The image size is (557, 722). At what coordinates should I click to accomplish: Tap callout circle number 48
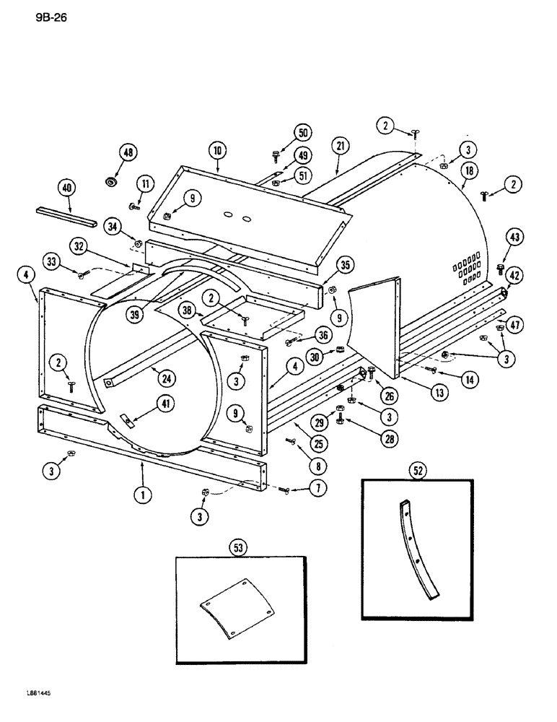pos(129,153)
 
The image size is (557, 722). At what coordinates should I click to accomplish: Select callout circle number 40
pos(67,188)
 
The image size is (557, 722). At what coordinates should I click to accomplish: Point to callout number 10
pos(217,150)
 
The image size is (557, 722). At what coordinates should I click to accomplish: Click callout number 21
pos(339,147)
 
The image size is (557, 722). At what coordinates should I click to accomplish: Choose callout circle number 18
pos(470,170)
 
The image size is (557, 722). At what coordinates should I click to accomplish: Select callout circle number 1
pos(142,495)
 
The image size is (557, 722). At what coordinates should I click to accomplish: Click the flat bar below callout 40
pos(66,215)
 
